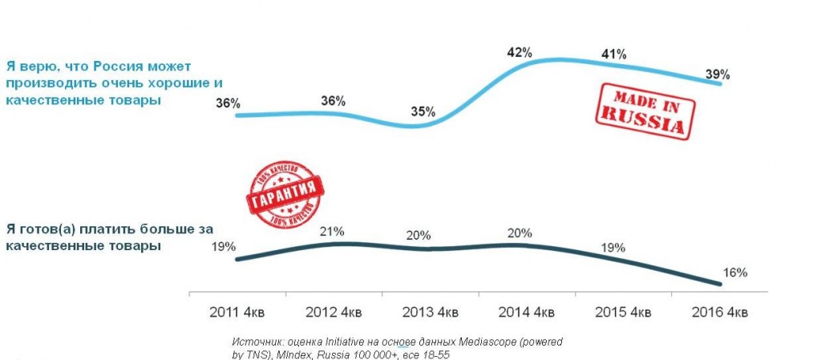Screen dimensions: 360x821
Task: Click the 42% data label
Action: coord(520,53)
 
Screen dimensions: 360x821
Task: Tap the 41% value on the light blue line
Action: coord(614,55)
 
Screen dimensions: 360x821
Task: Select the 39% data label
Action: coord(717,75)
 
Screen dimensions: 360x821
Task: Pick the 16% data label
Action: coord(734,273)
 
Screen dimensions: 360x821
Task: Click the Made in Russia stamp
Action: coord(644,111)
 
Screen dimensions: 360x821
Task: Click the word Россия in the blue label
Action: coord(119,66)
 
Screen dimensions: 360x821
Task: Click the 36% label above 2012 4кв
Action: coord(332,101)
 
